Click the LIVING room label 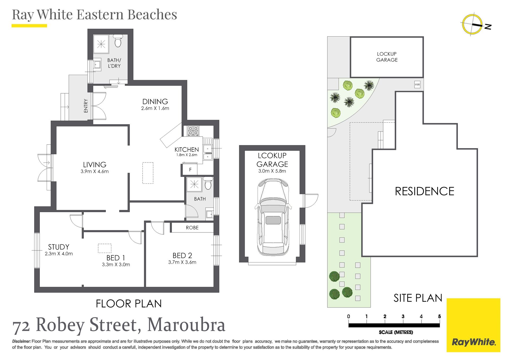[95, 165]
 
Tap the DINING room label [155, 102]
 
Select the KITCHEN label [187, 150]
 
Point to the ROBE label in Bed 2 [192, 228]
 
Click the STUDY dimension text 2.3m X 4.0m [59, 254]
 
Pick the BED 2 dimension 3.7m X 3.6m [182, 262]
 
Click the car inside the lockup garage [273, 217]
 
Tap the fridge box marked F [190, 170]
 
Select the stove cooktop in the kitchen [193, 131]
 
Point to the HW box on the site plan [417, 85]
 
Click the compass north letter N [488, 27]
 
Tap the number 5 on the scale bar [439, 317]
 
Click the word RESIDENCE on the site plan [424, 191]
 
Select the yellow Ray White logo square [473, 325]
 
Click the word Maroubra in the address [186, 325]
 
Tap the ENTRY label [86, 106]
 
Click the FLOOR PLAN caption [129, 304]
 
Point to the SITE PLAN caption [418, 298]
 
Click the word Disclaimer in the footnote [21, 341]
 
